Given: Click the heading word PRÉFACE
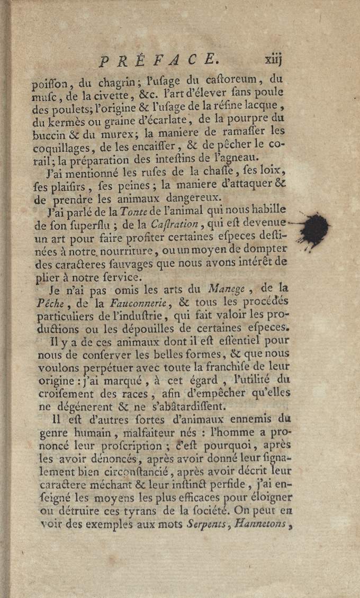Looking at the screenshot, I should (x=156, y=59).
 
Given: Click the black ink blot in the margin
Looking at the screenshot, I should (x=316, y=229).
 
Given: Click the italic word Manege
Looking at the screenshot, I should (x=227, y=289).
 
